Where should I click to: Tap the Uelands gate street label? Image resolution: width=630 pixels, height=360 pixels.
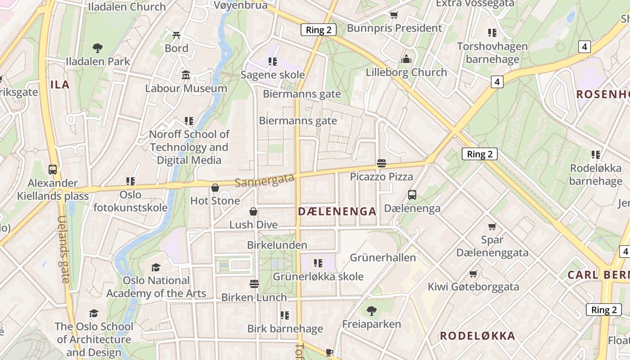[63, 249]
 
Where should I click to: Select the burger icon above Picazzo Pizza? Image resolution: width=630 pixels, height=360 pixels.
[382, 163]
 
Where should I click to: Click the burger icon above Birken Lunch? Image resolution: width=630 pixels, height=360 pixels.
[254, 284]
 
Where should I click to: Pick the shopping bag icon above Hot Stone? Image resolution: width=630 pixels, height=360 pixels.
[215, 187]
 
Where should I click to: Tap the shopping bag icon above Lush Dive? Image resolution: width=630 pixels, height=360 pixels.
[253, 211]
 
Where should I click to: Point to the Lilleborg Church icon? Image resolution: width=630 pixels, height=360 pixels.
[406, 59]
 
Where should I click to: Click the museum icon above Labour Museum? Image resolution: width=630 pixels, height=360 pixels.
[186, 75]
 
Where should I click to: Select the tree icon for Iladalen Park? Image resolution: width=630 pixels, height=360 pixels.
[97, 48]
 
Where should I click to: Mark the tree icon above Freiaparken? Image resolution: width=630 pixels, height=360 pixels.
[371, 310]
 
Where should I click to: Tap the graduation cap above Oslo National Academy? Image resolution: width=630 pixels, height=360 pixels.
[156, 267]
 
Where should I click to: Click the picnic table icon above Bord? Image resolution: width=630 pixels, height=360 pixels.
[176, 35]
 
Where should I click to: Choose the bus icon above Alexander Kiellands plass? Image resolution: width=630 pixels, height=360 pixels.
[53, 170]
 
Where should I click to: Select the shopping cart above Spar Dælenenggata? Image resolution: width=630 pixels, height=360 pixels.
[492, 226]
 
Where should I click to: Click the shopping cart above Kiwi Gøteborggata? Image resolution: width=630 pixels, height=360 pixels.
[473, 273]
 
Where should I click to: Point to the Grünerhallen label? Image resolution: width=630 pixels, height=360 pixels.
[383, 258]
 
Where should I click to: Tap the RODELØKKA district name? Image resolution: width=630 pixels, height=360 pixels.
[477, 336]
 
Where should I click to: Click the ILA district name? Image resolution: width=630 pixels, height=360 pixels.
[60, 85]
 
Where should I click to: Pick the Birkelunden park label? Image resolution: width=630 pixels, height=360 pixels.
[277, 245]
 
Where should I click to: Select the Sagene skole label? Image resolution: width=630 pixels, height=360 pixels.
[273, 75]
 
